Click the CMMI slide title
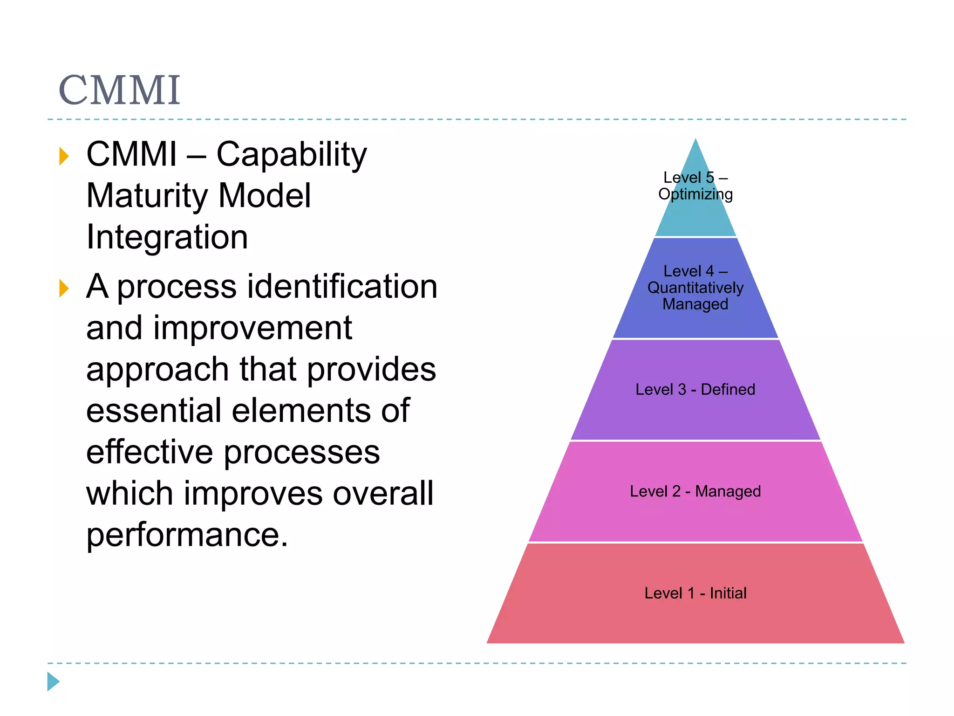point(119,90)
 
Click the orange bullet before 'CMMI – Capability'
point(64,156)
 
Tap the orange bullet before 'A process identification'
point(64,288)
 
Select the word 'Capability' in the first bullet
point(292,154)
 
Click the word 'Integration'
point(167,237)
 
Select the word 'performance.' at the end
point(187,535)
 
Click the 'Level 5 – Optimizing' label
point(695,186)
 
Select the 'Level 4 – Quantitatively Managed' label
point(695,288)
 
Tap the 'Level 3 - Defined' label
point(695,389)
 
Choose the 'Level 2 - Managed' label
point(695,491)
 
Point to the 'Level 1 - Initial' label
point(695,593)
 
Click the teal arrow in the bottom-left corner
point(53,682)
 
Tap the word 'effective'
point(150,452)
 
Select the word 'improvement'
point(252,328)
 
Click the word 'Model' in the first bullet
point(264,196)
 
